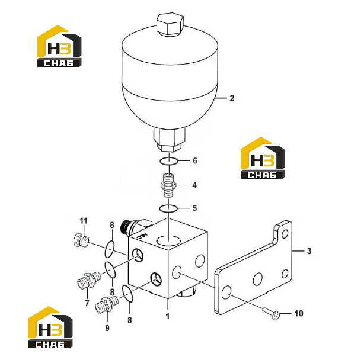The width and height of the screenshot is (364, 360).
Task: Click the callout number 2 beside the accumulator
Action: [x=232, y=98]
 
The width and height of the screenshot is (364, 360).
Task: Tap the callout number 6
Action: [x=195, y=160]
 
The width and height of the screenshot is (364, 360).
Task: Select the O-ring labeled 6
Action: [x=169, y=161]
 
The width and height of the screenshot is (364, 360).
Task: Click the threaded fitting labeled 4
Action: [x=168, y=185]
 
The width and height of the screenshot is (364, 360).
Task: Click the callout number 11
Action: [x=84, y=221]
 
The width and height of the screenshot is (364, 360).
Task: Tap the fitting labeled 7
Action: [x=89, y=280]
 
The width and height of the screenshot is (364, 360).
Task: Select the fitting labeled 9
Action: [x=107, y=304]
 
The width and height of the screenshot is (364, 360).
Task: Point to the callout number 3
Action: [x=309, y=251]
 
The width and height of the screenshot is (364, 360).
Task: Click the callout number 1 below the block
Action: [x=168, y=316]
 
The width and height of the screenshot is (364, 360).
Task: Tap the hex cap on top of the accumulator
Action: [x=170, y=24]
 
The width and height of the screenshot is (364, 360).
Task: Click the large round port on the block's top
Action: [x=169, y=241]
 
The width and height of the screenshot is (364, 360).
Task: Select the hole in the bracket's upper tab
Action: [x=285, y=234]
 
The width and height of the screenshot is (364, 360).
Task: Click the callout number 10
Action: [x=299, y=314]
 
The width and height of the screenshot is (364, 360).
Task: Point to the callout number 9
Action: [x=107, y=328]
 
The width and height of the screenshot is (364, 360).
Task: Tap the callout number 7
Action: [x=87, y=303]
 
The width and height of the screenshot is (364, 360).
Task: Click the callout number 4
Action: [x=194, y=185]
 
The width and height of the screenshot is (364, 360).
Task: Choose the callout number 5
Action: [x=194, y=208]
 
